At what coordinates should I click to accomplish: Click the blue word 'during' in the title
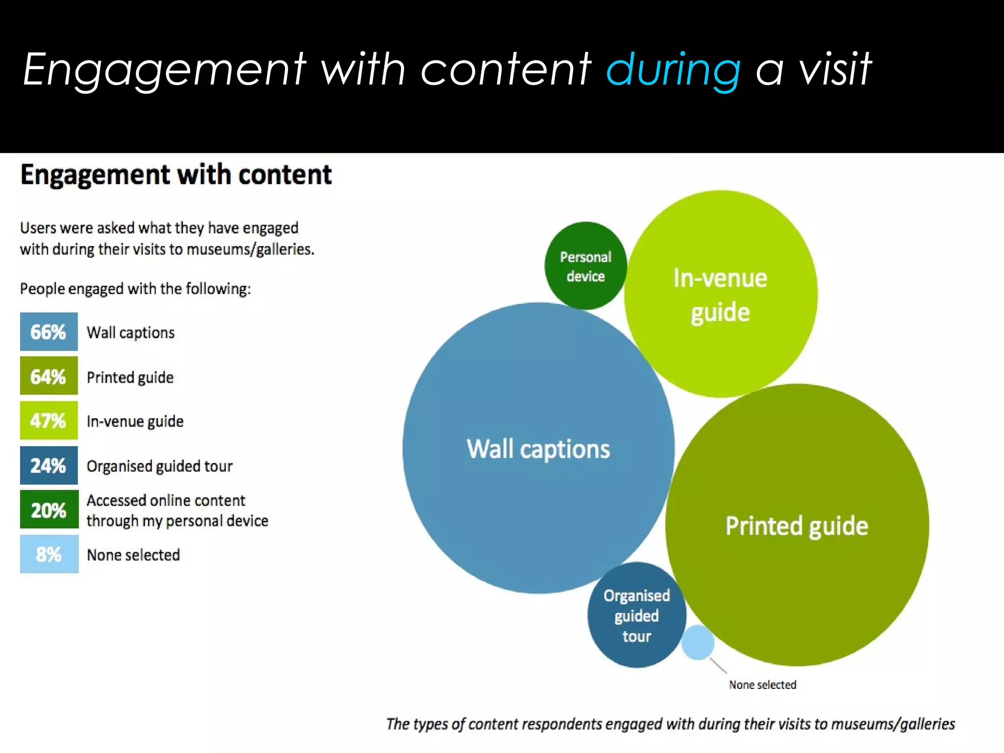point(673,70)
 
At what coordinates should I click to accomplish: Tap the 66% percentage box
point(49,332)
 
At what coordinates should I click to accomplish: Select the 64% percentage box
point(49,376)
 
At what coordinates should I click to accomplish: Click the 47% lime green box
point(49,421)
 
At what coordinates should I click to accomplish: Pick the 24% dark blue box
point(49,465)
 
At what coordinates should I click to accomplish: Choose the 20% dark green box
point(49,510)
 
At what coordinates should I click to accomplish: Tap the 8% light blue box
point(49,554)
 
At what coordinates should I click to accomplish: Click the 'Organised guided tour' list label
point(159,466)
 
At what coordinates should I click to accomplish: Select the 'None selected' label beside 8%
point(133,555)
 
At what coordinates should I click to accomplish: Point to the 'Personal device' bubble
point(585,266)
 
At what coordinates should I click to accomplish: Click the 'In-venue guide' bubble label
point(720,295)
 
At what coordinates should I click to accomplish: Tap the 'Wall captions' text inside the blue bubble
point(538,449)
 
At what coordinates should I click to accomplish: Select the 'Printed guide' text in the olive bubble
point(796,526)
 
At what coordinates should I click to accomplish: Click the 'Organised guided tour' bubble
point(636,616)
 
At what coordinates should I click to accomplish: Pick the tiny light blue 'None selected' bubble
point(697,642)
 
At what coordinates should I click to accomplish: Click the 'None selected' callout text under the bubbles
point(762,685)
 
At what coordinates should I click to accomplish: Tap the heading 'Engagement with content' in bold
point(176,175)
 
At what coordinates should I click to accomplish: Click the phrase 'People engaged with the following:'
point(135,289)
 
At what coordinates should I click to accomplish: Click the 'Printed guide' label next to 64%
point(130,377)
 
